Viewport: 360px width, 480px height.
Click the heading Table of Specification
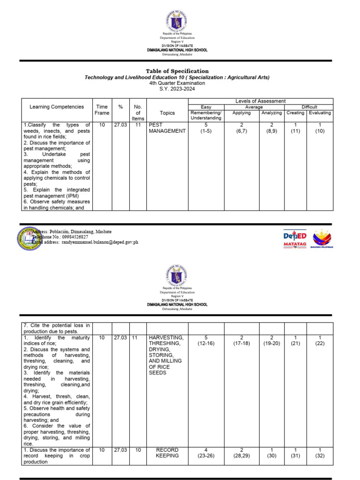[177, 71]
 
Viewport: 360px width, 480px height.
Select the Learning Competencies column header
[57, 107]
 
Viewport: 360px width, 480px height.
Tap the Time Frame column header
[102, 110]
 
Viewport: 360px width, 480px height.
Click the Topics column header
[167, 113]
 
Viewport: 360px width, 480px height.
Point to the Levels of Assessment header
[260, 101]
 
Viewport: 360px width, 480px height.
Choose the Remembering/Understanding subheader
[206, 116]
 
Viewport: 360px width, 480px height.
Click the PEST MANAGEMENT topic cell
[167, 128]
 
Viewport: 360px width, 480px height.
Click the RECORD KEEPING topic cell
[167, 453]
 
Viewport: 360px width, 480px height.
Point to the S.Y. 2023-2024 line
[177, 89]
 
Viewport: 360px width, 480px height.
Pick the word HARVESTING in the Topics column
[166, 337]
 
